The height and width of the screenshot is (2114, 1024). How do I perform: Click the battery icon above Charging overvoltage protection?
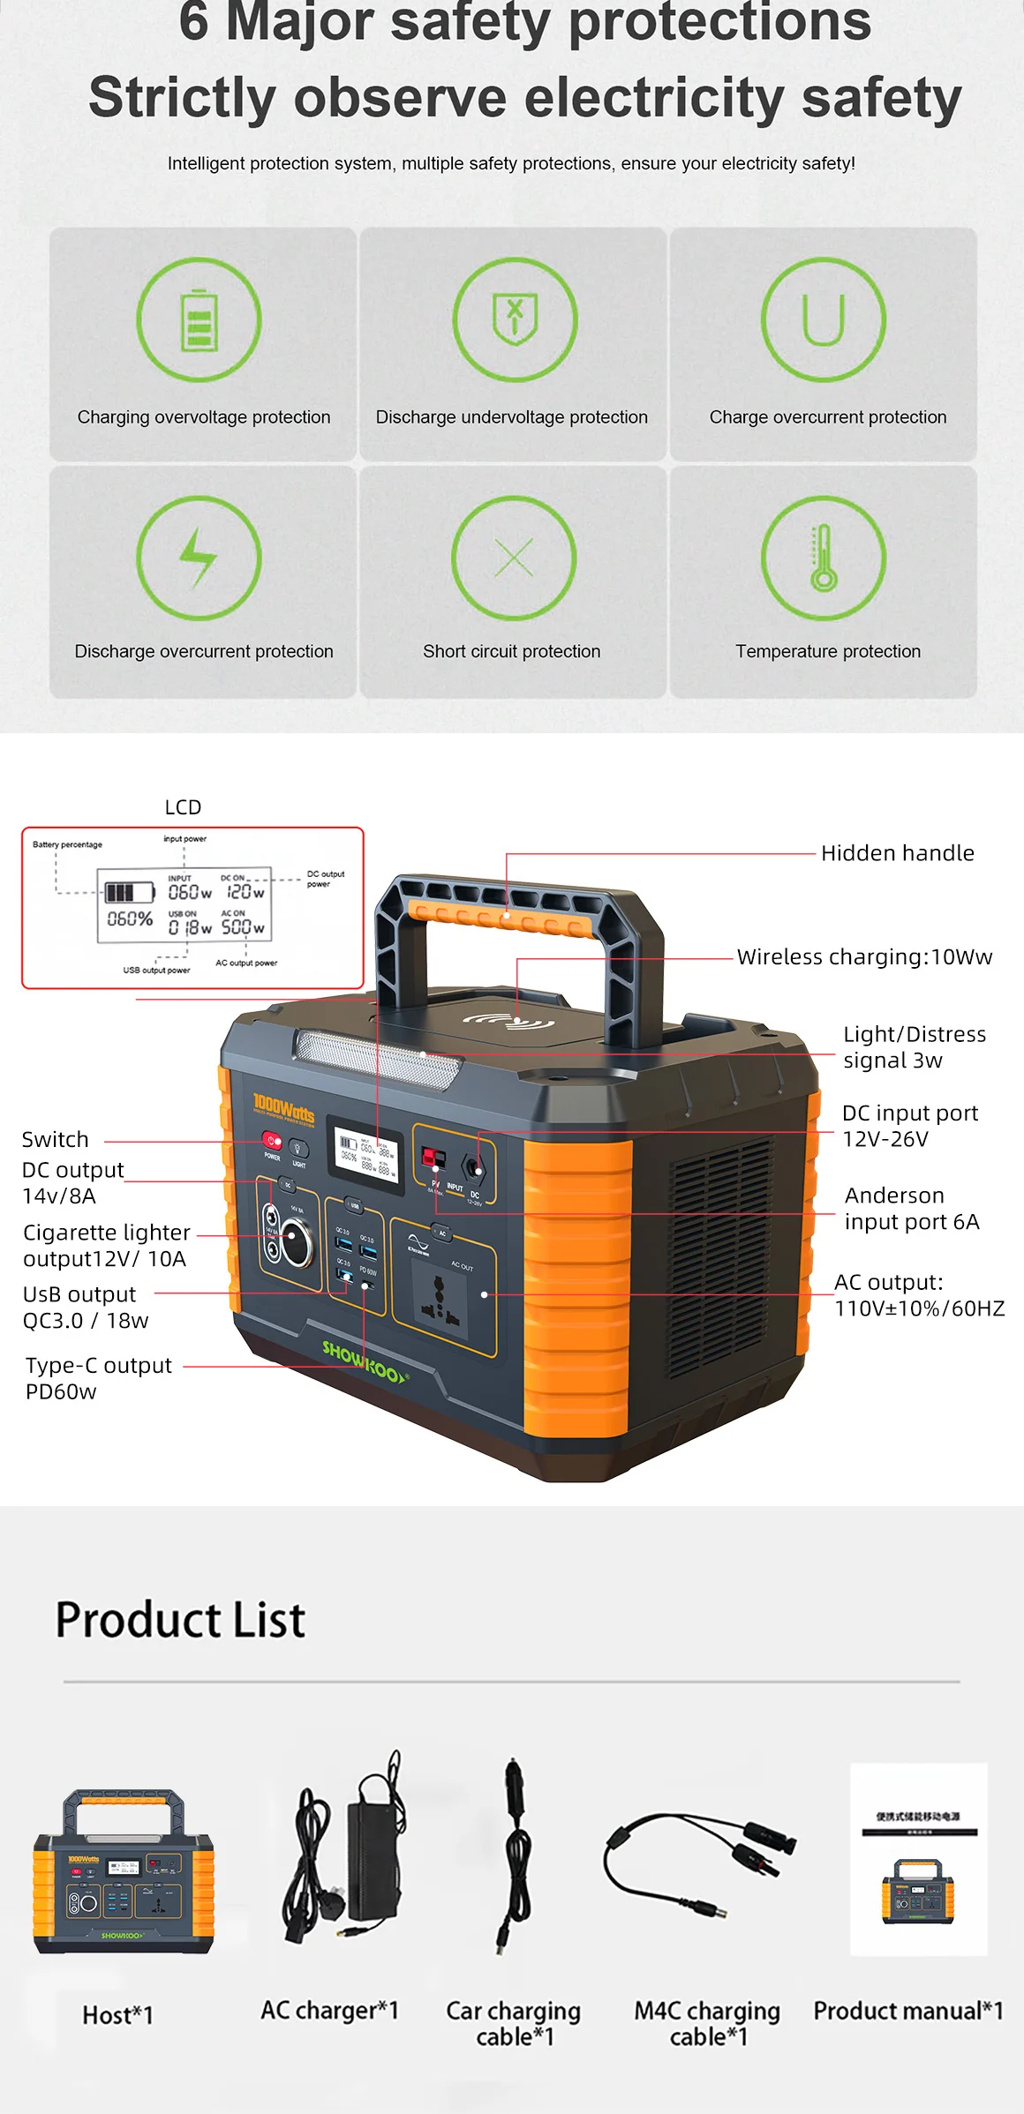pos(199,319)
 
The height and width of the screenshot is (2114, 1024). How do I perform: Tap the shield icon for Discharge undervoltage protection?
pos(515,318)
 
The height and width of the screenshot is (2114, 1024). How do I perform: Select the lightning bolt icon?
pos(199,558)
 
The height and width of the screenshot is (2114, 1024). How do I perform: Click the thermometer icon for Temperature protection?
pos(824,557)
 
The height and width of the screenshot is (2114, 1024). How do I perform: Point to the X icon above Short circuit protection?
pos(514,558)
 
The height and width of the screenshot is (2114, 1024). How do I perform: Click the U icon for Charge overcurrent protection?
pos(824,319)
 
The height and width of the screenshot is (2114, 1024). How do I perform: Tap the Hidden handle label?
pos(897,853)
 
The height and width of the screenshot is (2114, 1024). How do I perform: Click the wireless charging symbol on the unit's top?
pos(508,1023)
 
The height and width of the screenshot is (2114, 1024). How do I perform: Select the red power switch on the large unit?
pos(271,1141)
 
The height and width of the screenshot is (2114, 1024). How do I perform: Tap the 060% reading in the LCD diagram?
pos(130,918)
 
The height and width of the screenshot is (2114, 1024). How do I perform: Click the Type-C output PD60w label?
pos(98,1378)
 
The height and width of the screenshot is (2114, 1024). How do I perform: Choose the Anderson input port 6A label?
pos(911,1209)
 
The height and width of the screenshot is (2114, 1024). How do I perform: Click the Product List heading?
pos(180,1620)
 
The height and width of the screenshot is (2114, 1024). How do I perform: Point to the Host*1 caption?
pos(117,2015)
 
